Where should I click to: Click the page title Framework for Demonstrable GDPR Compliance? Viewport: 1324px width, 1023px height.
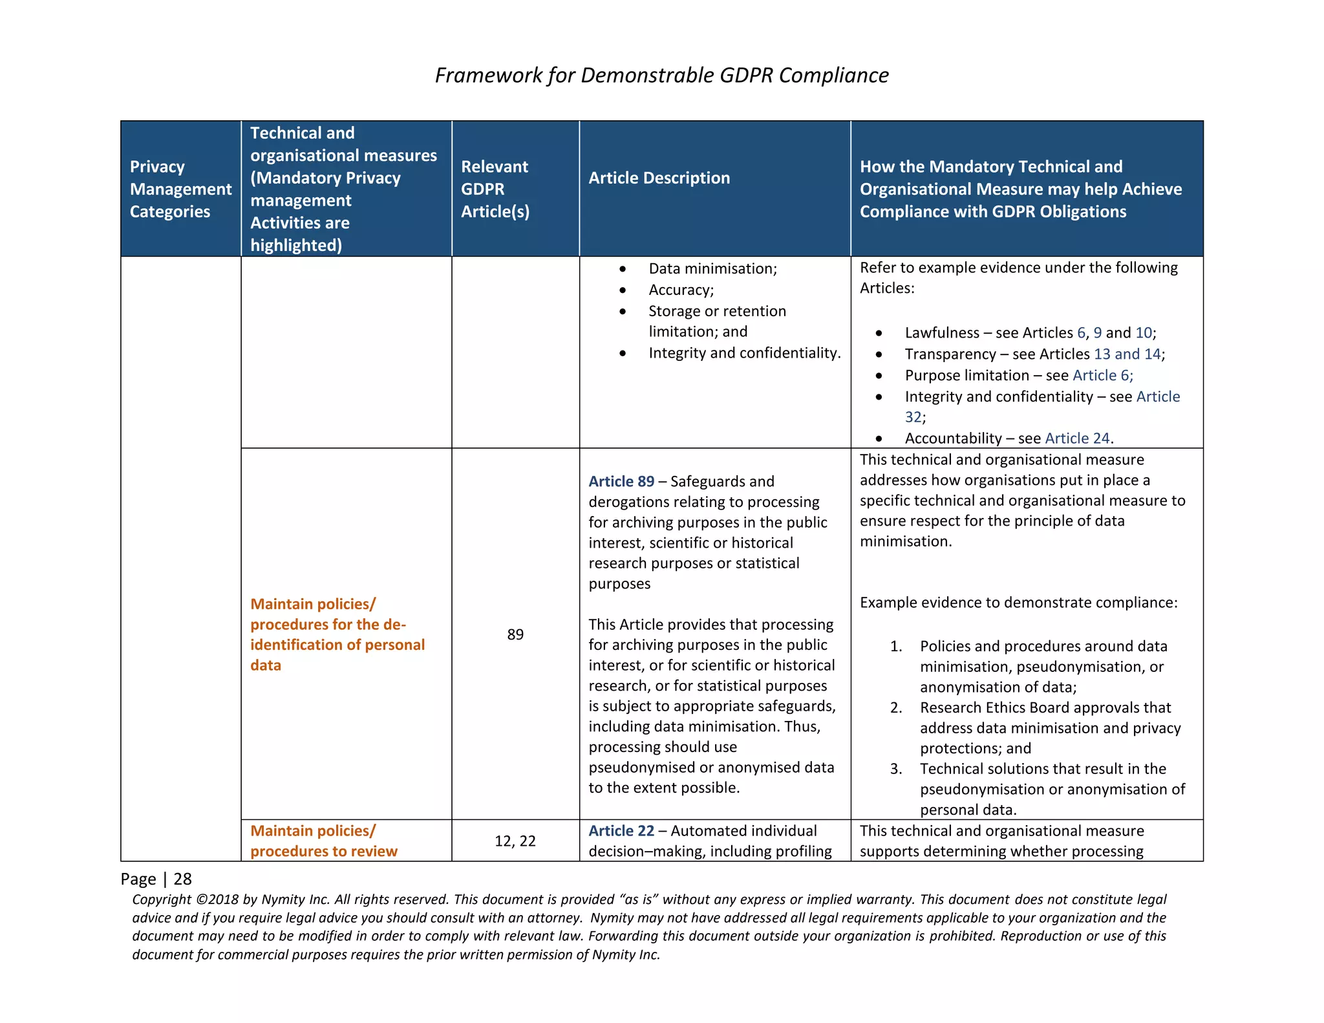(661, 75)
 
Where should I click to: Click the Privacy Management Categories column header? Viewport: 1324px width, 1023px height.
(180, 189)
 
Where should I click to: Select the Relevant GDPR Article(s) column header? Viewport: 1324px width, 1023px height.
(495, 189)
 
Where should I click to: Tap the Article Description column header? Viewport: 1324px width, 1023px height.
(659, 178)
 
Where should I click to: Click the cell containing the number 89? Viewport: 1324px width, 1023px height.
(515, 634)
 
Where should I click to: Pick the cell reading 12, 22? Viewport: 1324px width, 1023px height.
(515, 841)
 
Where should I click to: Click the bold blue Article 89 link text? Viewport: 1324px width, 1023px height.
(621, 482)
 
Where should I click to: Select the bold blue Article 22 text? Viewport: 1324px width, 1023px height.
(621, 831)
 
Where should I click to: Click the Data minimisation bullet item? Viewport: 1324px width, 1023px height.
(712, 268)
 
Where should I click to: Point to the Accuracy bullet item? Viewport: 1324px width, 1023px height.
(681, 290)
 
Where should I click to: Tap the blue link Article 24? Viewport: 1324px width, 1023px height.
(1077, 438)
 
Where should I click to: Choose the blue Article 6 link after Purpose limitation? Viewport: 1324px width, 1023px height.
(1102, 376)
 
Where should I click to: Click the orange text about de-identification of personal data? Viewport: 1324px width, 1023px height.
(337, 634)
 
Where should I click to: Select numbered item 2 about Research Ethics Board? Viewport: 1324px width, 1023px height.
(1050, 728)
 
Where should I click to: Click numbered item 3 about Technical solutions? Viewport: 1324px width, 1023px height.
(1051, 789)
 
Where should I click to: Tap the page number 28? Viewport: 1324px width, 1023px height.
(183, 879)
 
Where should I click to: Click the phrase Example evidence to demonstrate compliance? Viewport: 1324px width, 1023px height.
(1018, 603)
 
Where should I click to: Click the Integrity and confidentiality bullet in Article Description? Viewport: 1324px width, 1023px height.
(744, 353)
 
